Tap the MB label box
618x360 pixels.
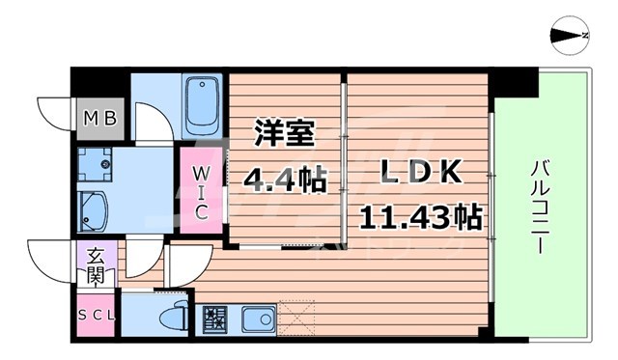pos(99,120)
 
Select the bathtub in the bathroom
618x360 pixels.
pos(202,107)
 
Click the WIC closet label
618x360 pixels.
pos(200,192)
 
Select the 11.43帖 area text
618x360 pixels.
pos(421,216)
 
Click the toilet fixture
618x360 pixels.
pos(180,315)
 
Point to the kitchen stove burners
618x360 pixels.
pos(213,318)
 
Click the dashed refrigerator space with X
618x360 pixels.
pos(295,318)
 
